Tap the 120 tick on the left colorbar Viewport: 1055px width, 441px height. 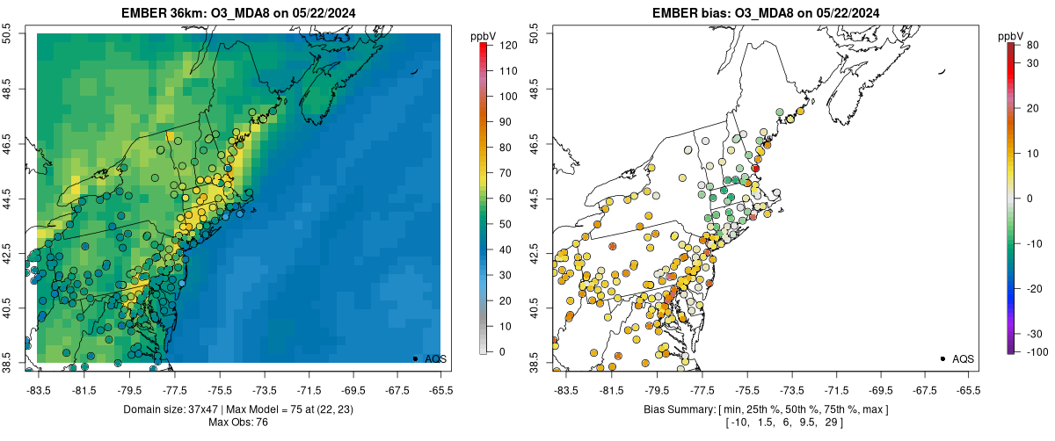[508, 44]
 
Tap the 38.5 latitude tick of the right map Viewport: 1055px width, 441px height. [535, 363]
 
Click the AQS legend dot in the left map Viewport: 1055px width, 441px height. [415, 358]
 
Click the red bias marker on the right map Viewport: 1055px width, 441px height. [755, 168]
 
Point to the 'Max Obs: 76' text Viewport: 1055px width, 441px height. [237, 423]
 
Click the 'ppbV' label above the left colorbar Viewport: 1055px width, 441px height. [483, 36]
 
